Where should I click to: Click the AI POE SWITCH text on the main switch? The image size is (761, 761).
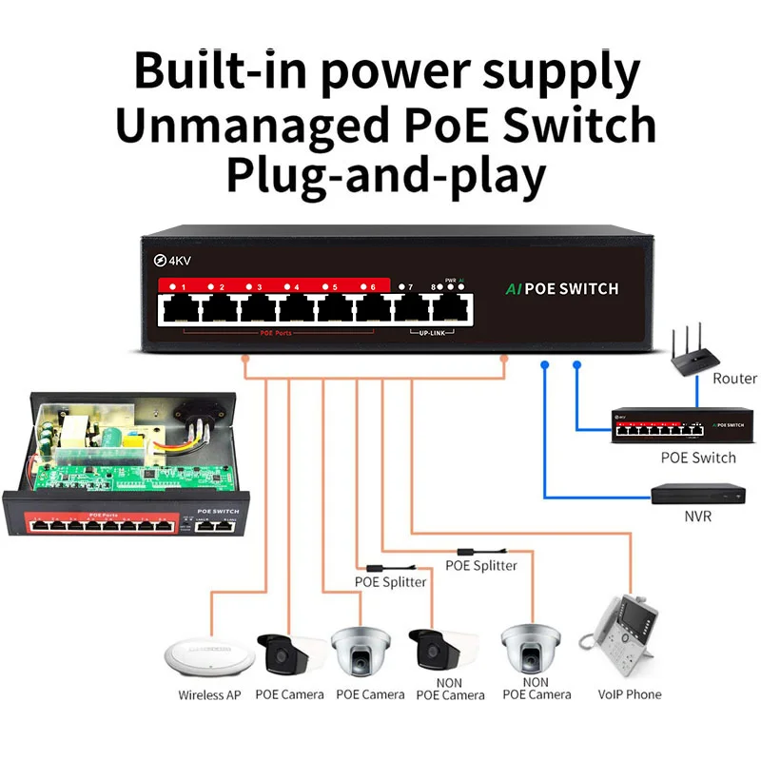(559, 288)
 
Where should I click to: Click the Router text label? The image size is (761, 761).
(734, 379)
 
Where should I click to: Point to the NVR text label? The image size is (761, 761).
(698, 517)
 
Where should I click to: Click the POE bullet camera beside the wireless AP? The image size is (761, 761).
(283, 651)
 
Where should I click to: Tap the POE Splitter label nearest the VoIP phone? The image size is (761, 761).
(481, 565)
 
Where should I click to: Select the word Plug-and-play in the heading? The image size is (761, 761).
(385, 175)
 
